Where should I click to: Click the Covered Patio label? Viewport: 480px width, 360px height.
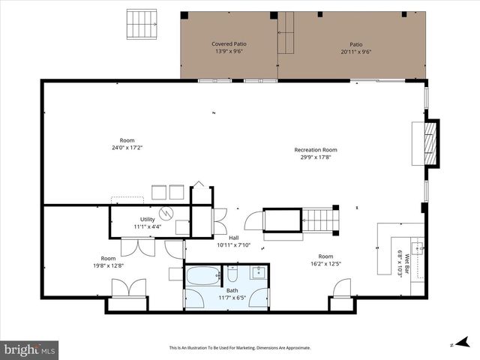[229, 44]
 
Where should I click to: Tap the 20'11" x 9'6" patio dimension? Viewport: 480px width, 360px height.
[355, 52]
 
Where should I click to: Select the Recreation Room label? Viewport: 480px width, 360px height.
[315, 150]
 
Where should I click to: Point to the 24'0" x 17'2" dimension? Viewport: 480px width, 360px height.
[127, 148]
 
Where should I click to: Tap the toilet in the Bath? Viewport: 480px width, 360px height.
[232, 271]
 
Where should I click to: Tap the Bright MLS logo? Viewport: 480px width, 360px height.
[30, 349]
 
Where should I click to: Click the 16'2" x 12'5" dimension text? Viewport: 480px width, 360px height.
[325, 264]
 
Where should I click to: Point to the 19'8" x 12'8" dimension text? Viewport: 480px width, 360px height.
[109, 265]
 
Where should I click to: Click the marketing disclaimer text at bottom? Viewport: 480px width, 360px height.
[239, 348]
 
